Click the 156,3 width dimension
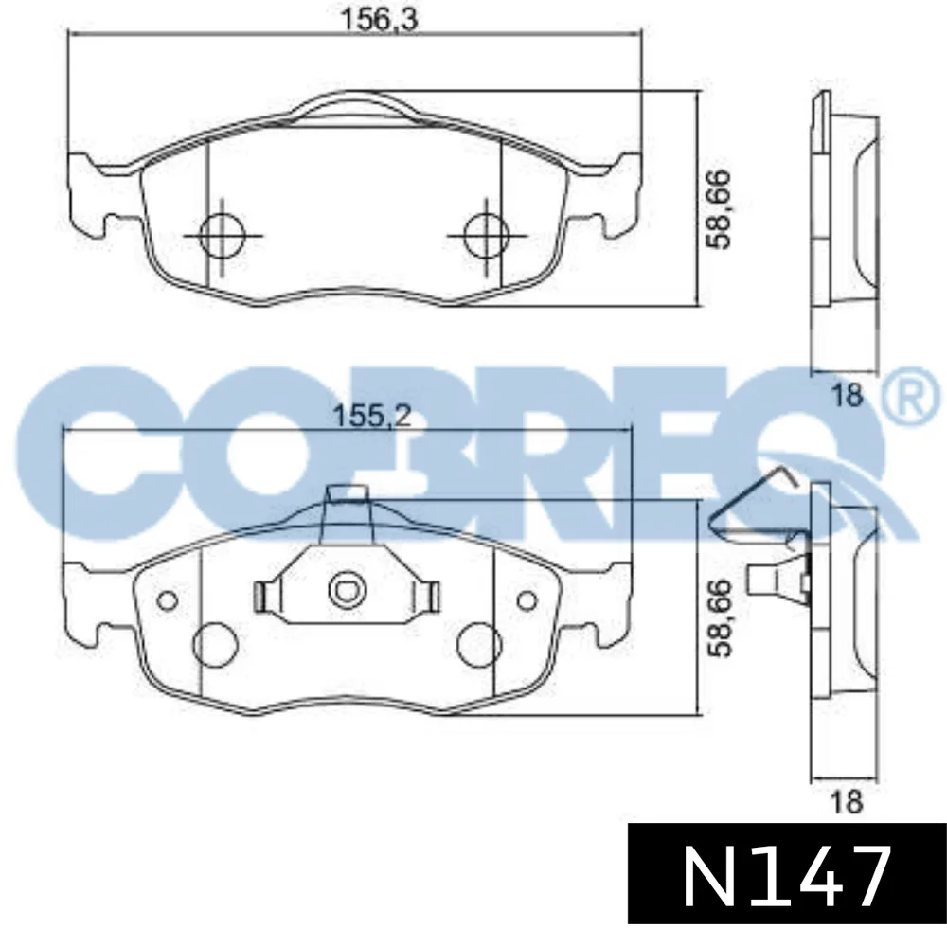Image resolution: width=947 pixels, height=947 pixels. tap(380, 19)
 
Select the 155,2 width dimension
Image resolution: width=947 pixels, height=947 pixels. tap(372, 416)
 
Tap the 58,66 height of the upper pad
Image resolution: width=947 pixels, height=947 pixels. tap(720, 209)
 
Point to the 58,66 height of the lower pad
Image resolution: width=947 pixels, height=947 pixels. tap(720, 617)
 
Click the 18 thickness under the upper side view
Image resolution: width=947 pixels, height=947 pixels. tap(847, 396)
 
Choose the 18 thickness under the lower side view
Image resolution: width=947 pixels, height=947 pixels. tap(847, 803)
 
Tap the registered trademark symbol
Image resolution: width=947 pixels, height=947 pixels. tap(912, 398)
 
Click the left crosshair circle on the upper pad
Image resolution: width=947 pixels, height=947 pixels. tap(223, 236)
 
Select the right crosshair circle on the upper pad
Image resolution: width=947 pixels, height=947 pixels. tap(486, 236)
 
